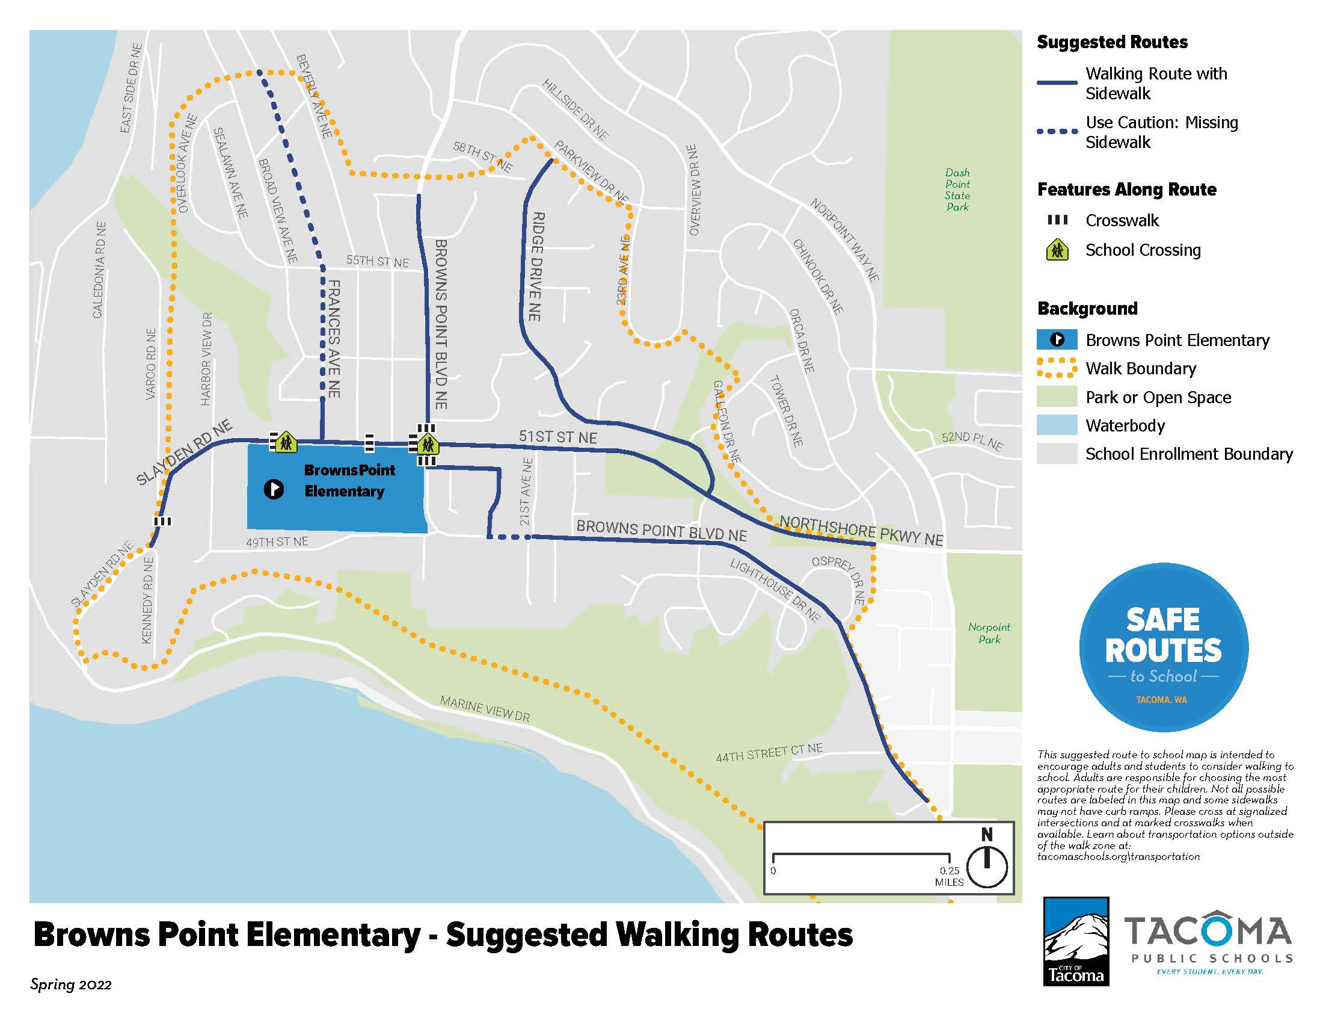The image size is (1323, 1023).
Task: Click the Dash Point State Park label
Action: click(957, 190)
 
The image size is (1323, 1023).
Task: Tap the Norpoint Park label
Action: click(989, 632)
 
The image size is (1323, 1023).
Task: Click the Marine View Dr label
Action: click(485, 709)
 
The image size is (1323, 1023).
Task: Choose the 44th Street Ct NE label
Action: click(769, 753)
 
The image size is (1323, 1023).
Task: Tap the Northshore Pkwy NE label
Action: click(861, 530)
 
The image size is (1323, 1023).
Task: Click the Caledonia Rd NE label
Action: click(99, 270)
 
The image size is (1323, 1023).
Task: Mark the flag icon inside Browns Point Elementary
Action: click(274, 489)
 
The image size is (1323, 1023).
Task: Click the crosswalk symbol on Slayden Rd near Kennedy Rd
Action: click(163, 521)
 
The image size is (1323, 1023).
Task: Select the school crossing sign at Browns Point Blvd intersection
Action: click(428, 444)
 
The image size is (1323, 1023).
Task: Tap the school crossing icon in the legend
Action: click(1057, 250)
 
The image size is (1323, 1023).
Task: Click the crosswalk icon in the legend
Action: click(1057, 220)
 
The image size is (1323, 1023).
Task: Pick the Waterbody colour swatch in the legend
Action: click(1057, 425)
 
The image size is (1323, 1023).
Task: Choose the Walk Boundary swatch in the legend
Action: click(1057, 368)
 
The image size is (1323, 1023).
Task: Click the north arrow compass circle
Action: click(987, 867)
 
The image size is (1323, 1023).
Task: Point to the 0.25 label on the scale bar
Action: click(949, 871)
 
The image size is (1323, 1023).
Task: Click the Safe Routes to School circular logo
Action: click(1163, 647)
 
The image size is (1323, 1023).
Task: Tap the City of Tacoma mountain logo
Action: click(1076, 941)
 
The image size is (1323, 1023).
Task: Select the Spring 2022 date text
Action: click(71, 985)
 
